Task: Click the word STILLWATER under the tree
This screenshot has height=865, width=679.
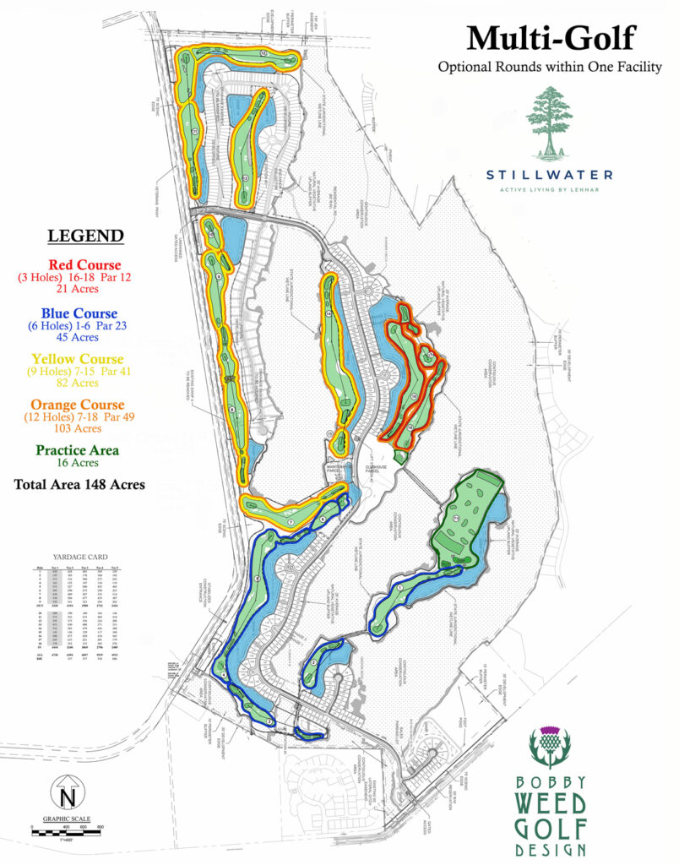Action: click(x=550, y=175)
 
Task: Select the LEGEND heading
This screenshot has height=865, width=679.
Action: click(x=85, y=236)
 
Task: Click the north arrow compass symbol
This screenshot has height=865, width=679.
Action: click(x=65, y=795)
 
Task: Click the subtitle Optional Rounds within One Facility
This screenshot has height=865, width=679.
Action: click(x=550, y=67)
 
